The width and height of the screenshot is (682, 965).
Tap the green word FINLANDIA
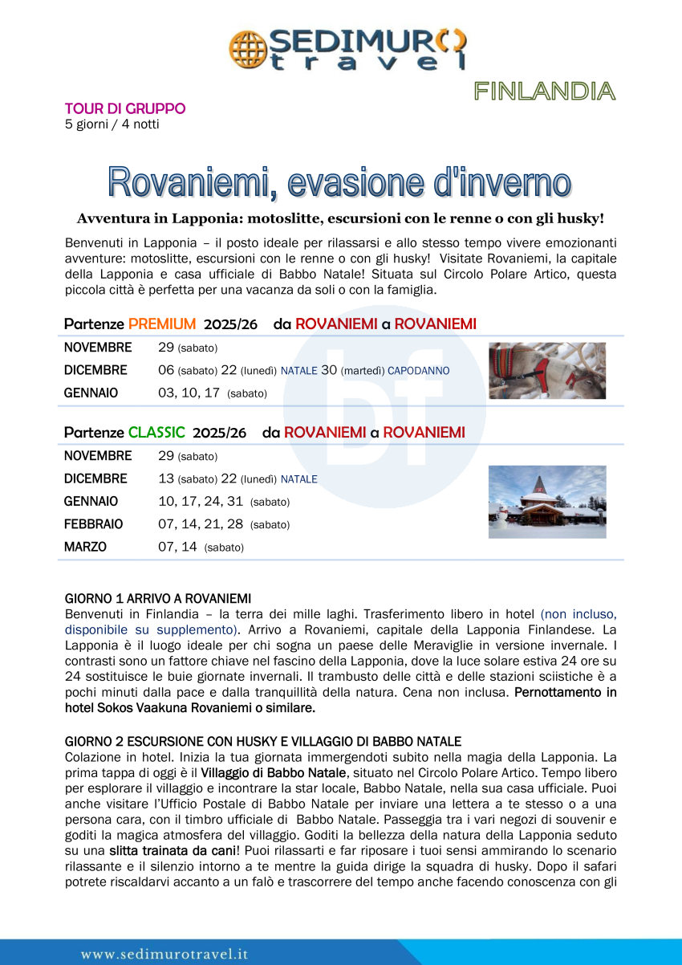tap(544, 92)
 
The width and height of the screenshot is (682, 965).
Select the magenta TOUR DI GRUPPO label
tap(125, 108)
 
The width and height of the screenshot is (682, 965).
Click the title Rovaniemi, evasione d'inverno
tap(340, 182)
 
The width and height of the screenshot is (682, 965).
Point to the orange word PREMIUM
tap(162, 324)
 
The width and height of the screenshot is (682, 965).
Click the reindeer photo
tap(547, 371)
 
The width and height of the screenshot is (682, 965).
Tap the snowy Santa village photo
tap(547, 502)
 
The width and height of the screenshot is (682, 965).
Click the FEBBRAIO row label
tap(94, 524)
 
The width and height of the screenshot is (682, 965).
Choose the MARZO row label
tap(85, 547)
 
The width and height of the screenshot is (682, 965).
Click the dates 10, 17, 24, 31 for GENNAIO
tap(202, 502)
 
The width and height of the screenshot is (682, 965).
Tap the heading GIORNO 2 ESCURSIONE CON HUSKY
tap(262, 741)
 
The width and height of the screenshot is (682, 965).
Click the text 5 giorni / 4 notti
tap(112, 124)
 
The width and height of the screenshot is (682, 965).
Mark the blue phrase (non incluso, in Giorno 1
tap(578, 614)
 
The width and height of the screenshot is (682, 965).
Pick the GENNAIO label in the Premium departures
tap(91, 393)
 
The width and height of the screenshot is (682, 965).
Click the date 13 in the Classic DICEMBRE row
tap(166, 479)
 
